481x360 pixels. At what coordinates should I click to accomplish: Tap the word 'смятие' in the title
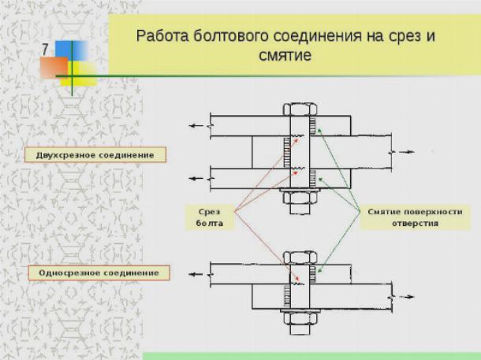[285, 56]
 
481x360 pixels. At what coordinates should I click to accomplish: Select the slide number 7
[45, 50]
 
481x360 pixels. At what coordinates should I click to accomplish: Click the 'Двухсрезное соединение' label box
[95, 154]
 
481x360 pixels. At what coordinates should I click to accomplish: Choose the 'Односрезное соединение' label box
[99, 273]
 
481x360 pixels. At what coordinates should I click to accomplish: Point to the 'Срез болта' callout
[210, 217]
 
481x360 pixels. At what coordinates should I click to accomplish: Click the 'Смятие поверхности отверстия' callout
[415, 217]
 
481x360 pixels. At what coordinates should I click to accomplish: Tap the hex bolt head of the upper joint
[300, 109]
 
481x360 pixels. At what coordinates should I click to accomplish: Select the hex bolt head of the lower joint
[300, 258]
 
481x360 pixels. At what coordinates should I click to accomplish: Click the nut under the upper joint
[300, 198]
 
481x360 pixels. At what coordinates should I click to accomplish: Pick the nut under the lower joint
[300, 319]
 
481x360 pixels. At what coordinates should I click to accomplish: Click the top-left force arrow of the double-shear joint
[196, 125]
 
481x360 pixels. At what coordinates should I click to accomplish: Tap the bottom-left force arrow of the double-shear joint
[196, 179]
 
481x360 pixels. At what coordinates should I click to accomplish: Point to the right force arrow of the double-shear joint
[406, 152]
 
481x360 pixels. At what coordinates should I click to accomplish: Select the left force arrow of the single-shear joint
[196, 274]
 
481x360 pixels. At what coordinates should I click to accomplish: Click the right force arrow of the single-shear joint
[406, 296]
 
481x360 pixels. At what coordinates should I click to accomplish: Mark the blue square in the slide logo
[72, 50]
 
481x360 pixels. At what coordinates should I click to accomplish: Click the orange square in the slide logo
[54, 67]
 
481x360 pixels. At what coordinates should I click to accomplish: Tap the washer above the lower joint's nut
[300, 311]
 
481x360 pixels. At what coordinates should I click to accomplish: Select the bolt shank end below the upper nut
[300, 209]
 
